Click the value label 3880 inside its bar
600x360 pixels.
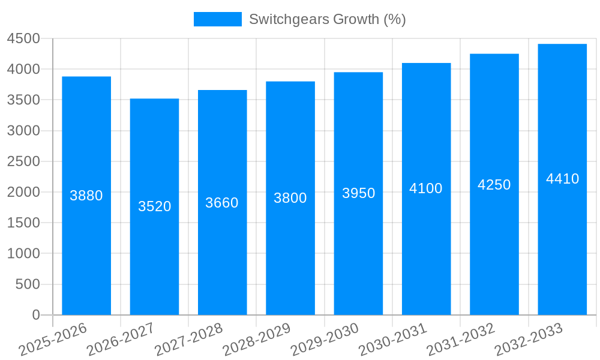[86, 196]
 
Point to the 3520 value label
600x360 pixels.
[154, 206]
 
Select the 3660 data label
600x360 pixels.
[222, 203]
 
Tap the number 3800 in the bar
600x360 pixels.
[290, 198]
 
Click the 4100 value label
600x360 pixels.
[426, 188]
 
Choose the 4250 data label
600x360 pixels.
[494, 185]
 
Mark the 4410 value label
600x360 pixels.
[562, 179]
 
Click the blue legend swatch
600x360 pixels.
[217, 19]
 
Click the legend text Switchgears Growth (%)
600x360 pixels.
[327, 19]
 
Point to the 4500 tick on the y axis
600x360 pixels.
[23, 39]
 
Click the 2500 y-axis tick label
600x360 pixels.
[23, 161]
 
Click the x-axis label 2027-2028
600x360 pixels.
[190, 339]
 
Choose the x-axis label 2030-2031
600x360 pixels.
[394, 339]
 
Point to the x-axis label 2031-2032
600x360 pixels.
[461, 339]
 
